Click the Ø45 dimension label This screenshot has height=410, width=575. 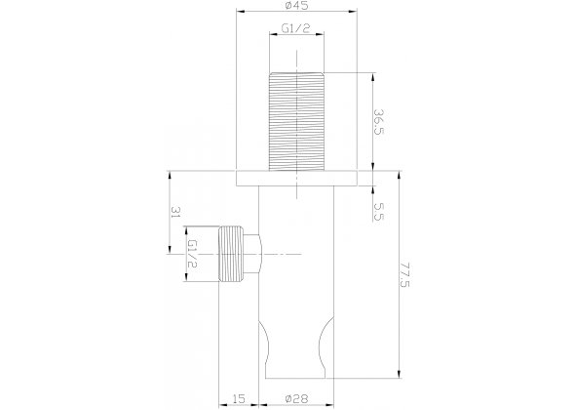click(296, 5)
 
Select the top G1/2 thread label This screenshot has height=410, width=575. click(296, 28)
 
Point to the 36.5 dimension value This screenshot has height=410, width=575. click(378, 122)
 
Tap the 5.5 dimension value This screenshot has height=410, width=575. click(379, 212)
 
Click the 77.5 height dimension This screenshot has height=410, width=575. click(405, 275)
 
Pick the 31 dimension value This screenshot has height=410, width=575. click(175, 212)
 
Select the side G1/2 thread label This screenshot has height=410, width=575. click(192, 254)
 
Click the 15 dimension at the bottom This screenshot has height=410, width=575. click(239, 398)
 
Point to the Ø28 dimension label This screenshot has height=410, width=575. click(296, 398)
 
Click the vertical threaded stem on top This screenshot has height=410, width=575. click(296, 122)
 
